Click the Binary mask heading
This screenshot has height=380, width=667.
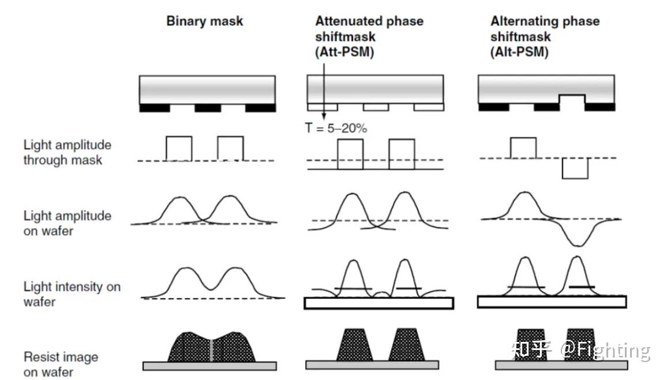pyautogui.click(x=205, y=21)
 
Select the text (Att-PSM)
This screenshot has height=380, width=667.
pyautogui.click(x=344, y=52)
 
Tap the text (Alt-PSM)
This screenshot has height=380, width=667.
pyautogui.click(x=519, y=52)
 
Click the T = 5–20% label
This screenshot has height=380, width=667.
pyautogui.click(x=336, y=128)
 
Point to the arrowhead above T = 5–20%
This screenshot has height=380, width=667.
pyautogui.click(x=324, y=116)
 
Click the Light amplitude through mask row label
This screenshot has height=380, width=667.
pyautogui.click(x=67, y=152)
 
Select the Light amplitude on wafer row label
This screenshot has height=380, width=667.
pyautogui.click(x=67, y=223)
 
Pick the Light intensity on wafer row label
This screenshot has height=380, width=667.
pyautogui.click(x=72, y=294)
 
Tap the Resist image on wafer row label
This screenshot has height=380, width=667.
pyautogui.click(x=61, y=364)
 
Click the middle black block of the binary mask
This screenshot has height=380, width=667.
pyautogui.click(x=208, y=108)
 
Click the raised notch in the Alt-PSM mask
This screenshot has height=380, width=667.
pyautogui.click(x=572, y=99)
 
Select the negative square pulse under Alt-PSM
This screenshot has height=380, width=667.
pyautogui.click(x=575, y=168)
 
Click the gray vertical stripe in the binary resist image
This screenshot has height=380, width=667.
pyautogui.click(x=211, y=350)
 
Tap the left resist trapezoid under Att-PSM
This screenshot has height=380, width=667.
pyautogui.click(x=354, y=345)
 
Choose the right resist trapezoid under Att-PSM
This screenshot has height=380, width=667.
pyautogui.click(x=407, y=345)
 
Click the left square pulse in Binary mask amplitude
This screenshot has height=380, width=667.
pyautogui.click(x=179, y=148)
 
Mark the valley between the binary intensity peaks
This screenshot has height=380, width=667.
pyautogui.click(x=211, y=289)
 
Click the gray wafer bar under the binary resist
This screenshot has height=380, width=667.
pyautogui.click(x=209, y=366)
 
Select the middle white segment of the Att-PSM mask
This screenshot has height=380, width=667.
pyautogui.click(x=376, y=107)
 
